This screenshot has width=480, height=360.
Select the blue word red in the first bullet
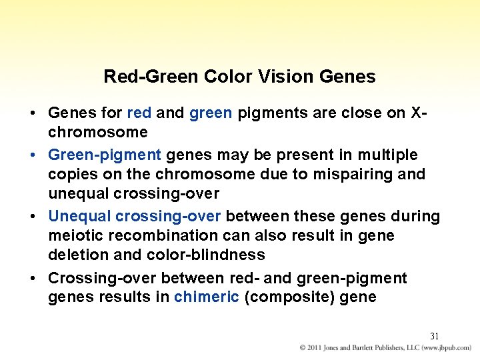(139, 113)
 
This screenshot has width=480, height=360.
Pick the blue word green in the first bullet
(211, 113)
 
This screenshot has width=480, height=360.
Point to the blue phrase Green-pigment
(105, 155)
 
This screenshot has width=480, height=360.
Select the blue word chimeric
(206, 297)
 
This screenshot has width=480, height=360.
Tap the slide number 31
(435, 336)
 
